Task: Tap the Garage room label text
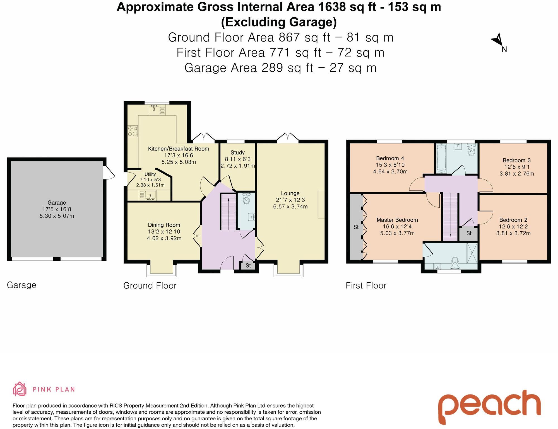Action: tap(57, 203)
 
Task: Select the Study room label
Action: tap(237, 152)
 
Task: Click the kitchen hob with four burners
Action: tap(133, 131)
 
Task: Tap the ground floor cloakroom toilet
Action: tap(246, 199)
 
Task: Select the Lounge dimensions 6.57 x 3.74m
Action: tap(290, 207)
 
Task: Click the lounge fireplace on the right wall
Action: tap(321, 204)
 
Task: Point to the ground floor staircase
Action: tap(229, 212)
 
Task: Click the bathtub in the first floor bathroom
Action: tap(441, 158)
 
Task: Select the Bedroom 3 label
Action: tap(516, 160)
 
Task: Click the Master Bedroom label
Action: tap(397, 220)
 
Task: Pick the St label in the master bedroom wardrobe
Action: tap(356, 227)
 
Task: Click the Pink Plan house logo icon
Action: tap(20, 389)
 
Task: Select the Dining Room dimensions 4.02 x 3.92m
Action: tap(164, 238)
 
